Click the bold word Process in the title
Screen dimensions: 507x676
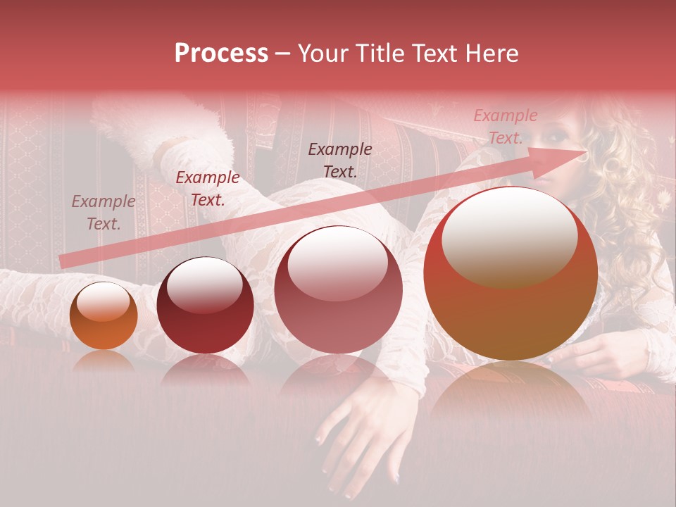pos(221,54)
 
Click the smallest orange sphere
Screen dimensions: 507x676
pos(104,317)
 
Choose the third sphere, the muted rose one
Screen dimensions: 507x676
pos(338,290)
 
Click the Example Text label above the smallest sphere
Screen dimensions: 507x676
pos(103,213)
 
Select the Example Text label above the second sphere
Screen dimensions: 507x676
pos(207,189)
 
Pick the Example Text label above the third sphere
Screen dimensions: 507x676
pos(340,160)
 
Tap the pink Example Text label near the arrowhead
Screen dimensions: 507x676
pos(505,127)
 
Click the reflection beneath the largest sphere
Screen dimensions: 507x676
pos(511,394)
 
